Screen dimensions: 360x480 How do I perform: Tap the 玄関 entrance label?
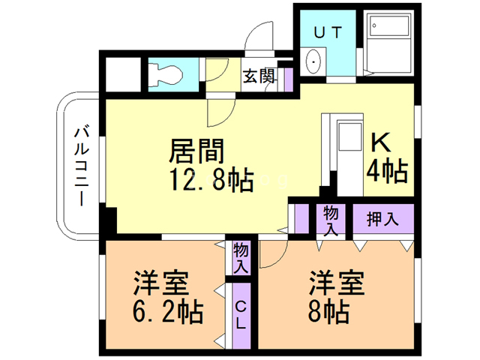click(258, 76)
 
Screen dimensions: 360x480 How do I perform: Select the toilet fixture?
click(166, 73)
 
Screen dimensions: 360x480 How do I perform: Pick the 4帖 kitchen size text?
click(386, 172)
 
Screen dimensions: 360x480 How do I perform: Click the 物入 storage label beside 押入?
click(331, 220)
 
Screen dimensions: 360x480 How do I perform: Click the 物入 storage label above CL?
click(241, 256)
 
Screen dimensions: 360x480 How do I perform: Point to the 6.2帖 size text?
click(166, 310)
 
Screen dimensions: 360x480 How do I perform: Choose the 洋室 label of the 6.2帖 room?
click(160, 283)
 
